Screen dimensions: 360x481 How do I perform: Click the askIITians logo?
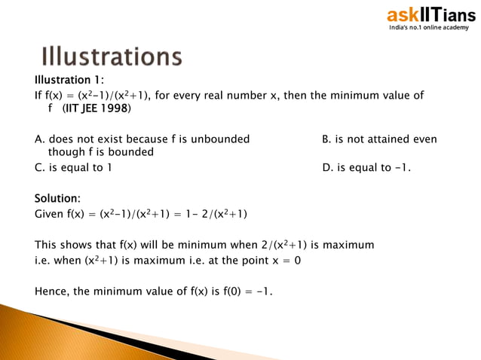430,14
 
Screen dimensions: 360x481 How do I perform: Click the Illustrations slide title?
111,56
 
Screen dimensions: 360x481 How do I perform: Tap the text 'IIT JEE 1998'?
96,109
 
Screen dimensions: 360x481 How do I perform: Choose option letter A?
38,139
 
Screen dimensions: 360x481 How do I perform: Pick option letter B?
326,139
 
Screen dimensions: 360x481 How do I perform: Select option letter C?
38,167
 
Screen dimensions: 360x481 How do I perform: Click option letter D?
326,167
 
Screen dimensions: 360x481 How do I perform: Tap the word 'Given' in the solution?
50,214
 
